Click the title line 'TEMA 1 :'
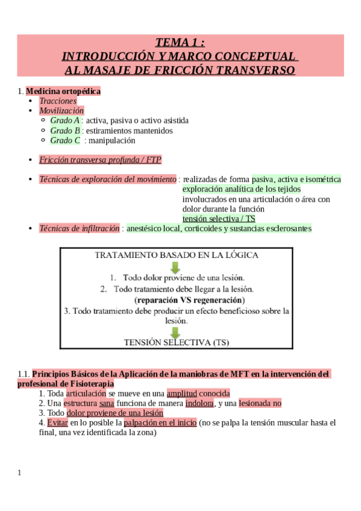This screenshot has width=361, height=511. [180, 42]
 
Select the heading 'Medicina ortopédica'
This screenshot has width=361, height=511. [63, 92]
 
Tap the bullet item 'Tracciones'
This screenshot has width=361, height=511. [58, 101]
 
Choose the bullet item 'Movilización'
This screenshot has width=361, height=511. [61, 111]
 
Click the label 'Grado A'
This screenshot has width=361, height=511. [65, 121]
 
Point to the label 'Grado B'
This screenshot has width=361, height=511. [65, 130]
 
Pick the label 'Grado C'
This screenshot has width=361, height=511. [65, 140]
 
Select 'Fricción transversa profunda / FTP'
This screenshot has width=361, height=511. [100, 160]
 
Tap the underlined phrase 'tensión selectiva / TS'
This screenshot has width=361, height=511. [219, 219]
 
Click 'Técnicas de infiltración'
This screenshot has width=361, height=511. [80, 228]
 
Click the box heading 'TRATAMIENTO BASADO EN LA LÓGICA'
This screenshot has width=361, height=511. [177, 255]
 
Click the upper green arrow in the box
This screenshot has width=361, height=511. [175, 267]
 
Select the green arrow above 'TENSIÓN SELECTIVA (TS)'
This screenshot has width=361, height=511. [175, 332]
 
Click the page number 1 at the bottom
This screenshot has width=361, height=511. [19, 472]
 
